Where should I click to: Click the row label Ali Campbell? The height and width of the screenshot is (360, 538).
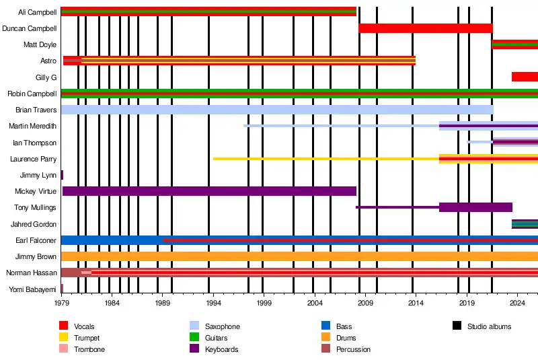tap(38, 12)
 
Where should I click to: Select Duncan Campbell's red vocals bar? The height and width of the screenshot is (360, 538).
tap(425, 28)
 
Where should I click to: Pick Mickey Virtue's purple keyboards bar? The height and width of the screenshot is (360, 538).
tap(208, 191)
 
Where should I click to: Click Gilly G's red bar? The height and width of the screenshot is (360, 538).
tap(525, 77)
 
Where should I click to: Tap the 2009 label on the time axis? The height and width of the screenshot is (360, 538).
tap(365, 304)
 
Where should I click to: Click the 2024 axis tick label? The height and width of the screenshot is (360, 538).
tap(517, 304)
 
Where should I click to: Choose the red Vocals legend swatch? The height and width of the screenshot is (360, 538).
tap(64, 326)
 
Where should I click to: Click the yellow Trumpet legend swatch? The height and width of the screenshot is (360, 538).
tap(64, 338)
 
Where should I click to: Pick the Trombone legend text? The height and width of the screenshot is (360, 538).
tap(89, 349)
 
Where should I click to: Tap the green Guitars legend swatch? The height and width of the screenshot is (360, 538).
tap(195, 338)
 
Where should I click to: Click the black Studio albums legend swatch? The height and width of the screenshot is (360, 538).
tap(457, 326)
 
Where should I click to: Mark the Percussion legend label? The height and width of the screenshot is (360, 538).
tap(354, 349)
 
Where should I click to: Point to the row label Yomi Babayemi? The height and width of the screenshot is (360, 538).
tap(32, 289)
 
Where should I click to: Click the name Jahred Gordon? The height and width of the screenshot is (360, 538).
tap(34, 224)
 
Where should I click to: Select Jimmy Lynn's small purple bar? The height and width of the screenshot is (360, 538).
tap(62, 175)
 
